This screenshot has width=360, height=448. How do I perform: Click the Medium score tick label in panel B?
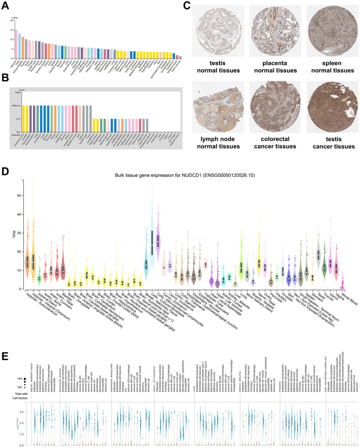(x=16, y=106)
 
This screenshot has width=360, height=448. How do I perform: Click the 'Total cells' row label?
(x=8, y=381)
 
